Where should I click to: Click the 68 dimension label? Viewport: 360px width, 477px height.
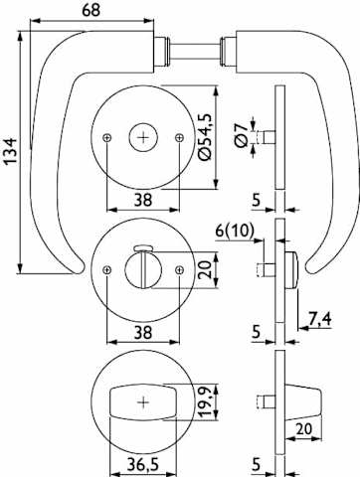(x=90, y=10)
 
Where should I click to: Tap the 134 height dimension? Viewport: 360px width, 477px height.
(x=11, y=151)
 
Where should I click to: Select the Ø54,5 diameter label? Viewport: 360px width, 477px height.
(x=205, y=136)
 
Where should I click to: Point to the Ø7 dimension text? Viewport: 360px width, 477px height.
(x=241, y=135)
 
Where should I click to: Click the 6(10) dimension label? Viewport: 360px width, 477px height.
(x=235, y=231)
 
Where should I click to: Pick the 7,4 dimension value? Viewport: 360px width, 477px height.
(x=320, y=319)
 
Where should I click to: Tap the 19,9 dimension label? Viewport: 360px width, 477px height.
(x=205, y=402)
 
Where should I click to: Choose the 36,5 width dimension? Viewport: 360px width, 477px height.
(x=143, y=465)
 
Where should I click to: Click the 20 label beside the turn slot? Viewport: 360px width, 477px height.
(x=205, y=270)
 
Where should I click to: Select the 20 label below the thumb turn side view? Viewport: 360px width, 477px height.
(x=304, y=429)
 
